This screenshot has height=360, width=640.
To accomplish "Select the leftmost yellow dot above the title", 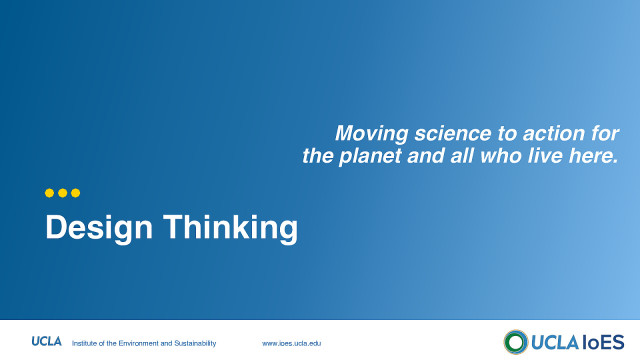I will click(50, 193).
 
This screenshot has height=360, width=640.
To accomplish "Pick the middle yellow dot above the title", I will click(62, 193).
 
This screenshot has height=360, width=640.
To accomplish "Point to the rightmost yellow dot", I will click(74, 193).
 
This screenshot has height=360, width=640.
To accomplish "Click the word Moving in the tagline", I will click(367, 133).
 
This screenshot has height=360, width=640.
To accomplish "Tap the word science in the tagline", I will click(444, 133).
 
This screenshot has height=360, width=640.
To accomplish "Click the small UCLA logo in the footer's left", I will click(47, 342).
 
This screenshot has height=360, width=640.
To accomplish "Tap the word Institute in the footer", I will click(88, 343).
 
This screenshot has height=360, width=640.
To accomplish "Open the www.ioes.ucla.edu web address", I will click(292, 343).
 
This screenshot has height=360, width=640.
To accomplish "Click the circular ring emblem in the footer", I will click(516, 341).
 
